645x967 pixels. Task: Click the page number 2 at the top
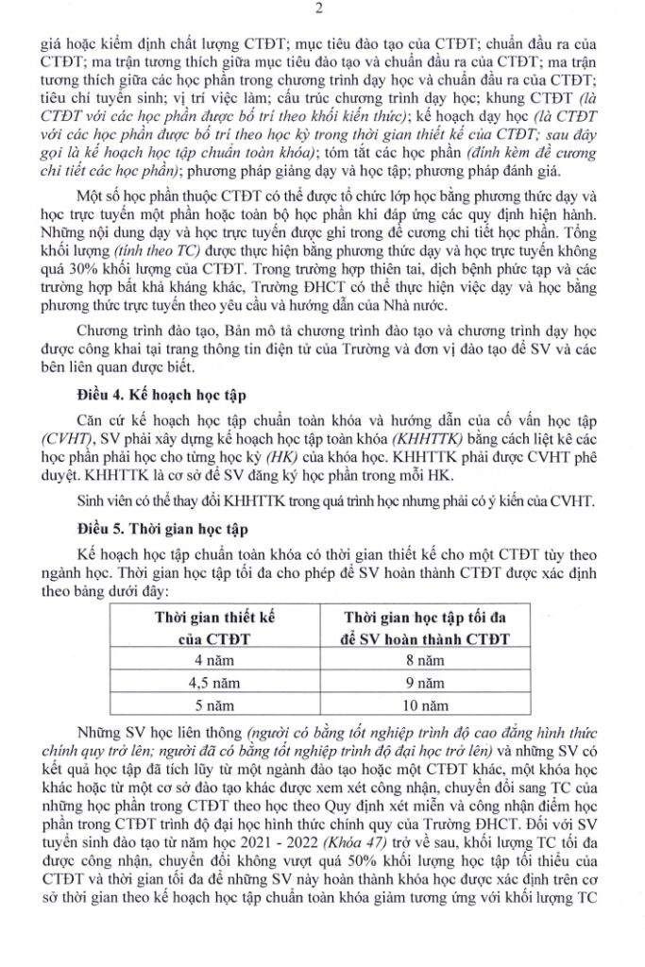click(x=321, y=12)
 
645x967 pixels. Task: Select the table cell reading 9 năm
click(x=419, y=682)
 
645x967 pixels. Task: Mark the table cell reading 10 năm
click(x=419, y=704)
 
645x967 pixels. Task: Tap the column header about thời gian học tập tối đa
click(x=419, y=626)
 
